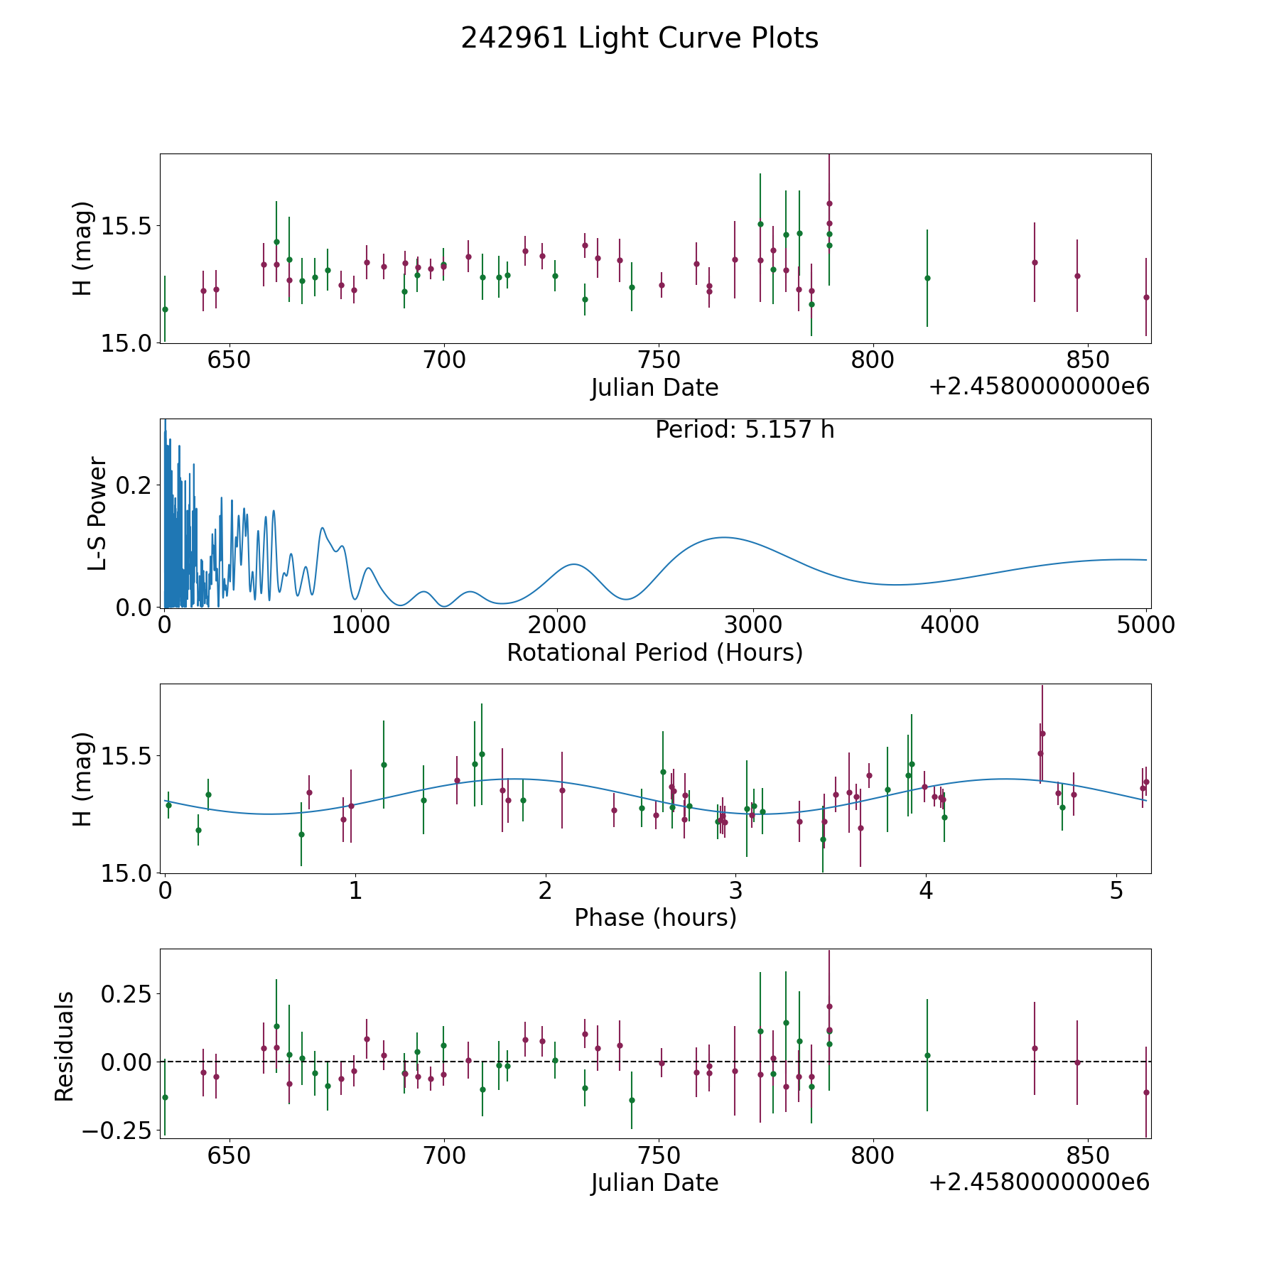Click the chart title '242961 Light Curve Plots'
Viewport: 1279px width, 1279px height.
click(639, 38)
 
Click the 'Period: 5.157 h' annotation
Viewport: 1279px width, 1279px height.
click(744, 430)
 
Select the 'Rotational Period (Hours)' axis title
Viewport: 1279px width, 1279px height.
click(654, 652)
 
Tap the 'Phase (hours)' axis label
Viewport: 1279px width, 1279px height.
click(654, 917)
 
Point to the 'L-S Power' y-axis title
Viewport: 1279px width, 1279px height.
click(97, 513)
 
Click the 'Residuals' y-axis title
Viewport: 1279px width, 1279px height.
click(65, 1046)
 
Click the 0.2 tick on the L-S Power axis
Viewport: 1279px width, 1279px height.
click(134, 485)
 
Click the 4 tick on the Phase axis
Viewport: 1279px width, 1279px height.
click(926, 891)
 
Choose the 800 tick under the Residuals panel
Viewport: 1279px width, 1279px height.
click(873, 1156)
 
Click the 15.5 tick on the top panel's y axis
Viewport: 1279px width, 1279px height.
click(128, 227)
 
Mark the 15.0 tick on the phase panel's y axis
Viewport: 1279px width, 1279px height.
click(128, 873)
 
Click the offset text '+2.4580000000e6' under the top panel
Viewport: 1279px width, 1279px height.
click(1039, 387)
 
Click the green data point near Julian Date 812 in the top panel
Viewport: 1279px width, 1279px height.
click(927, 278)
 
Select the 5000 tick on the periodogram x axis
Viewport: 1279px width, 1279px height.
click(1145, 625)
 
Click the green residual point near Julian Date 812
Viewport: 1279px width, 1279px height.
click(927, 1055)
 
